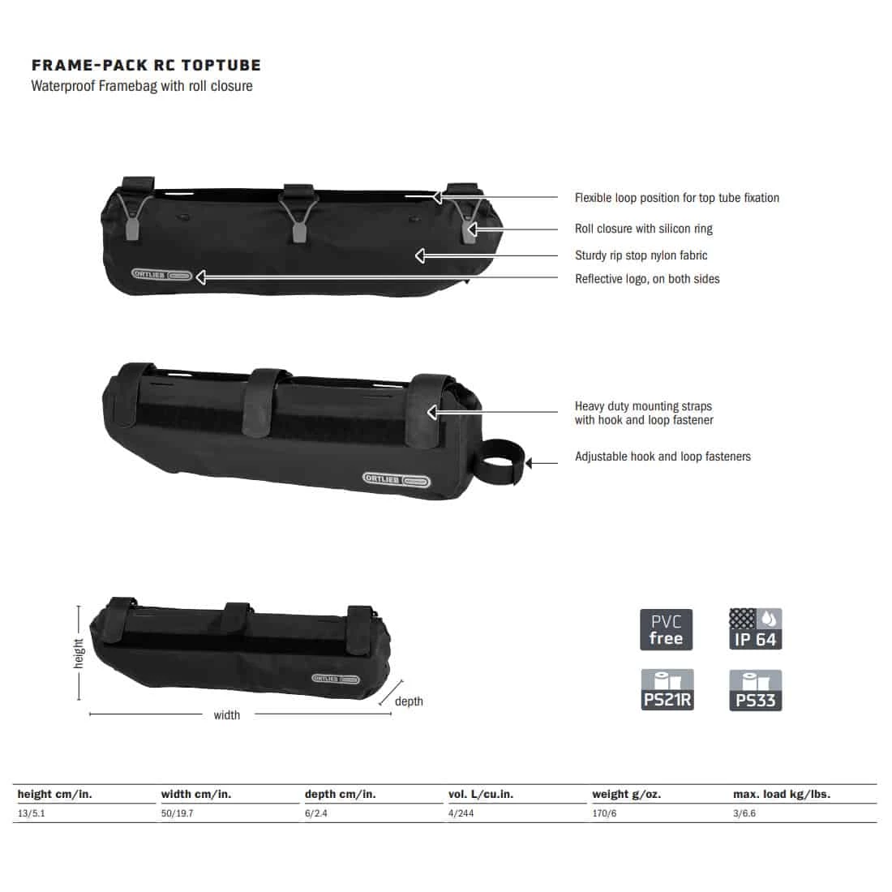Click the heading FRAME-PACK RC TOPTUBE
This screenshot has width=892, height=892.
146,66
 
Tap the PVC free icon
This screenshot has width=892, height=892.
666,629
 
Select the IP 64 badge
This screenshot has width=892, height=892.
755,629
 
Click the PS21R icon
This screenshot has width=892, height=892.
667,690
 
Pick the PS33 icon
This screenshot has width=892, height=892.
755,690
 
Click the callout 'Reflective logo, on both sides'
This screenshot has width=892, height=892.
647,279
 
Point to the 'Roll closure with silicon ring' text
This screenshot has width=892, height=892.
643,229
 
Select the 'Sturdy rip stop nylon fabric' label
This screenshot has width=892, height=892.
641,255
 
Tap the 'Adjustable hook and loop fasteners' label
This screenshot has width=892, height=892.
663,457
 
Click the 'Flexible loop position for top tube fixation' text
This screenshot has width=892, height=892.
676,198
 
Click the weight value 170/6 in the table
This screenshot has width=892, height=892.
604,813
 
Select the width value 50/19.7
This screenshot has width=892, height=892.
177,813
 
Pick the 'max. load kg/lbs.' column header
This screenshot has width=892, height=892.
781,795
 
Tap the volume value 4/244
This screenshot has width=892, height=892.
461,813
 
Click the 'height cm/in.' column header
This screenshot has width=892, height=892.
54,795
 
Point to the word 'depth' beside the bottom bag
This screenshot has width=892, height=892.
409,701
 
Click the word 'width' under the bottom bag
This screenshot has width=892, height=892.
226,715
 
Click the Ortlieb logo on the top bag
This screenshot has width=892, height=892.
162,275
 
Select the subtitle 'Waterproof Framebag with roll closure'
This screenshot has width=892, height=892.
142,86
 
